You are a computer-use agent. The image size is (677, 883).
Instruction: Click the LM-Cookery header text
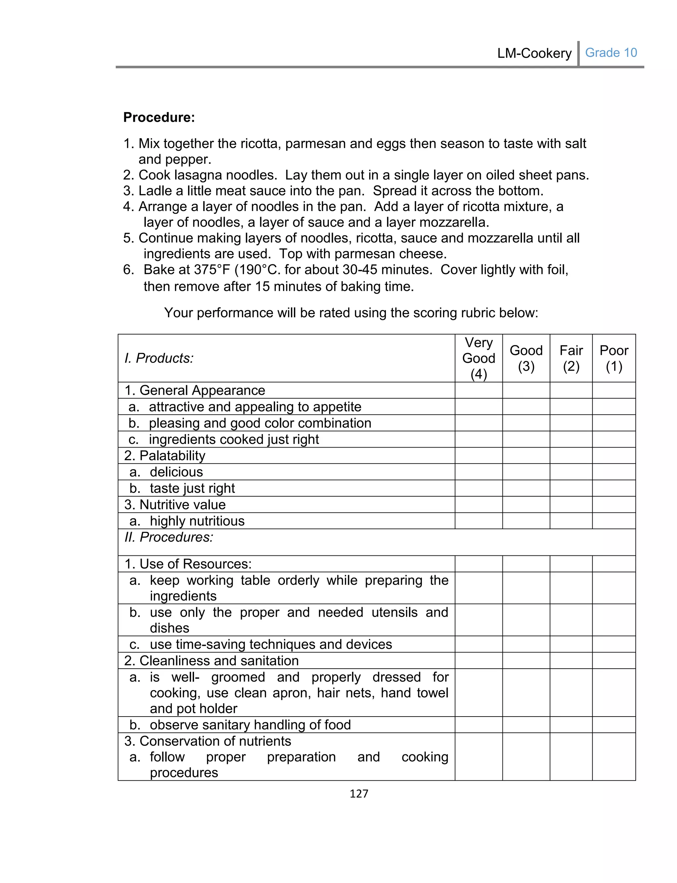(x=534, y=53)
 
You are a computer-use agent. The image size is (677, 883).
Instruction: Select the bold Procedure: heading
(x=159, y=117)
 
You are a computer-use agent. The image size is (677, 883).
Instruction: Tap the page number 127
(x=359, y=793)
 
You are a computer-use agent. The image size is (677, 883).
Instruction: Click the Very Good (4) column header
(x=478, y=358)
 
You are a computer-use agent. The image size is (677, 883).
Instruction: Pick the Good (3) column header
(x=526, y=358)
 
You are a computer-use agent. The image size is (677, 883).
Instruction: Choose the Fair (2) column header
(x=571, y=358)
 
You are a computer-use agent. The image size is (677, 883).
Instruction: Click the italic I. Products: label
(x=159, y=358)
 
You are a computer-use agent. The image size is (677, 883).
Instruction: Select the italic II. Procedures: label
(x=169, y=537)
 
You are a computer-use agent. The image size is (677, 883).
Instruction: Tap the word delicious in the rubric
(x=176, y=472)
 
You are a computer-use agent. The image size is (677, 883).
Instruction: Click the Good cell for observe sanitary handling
(x=526, y=725)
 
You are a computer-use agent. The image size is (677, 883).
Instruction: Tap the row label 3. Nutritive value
(x=175, y=505)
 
